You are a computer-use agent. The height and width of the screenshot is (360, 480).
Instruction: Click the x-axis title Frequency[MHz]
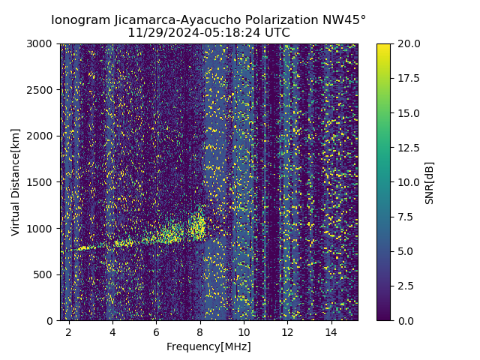tap(208, 346)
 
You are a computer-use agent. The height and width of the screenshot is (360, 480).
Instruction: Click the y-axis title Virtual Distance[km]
tap(16, 182)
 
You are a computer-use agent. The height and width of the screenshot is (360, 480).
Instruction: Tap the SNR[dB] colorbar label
tap(430, 182)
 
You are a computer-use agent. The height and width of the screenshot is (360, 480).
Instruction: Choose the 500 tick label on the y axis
tap(45, 274)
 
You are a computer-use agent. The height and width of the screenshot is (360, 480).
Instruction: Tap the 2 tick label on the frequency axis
tap(69, 331)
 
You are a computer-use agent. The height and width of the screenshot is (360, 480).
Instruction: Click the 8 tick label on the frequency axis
tap(200, 331)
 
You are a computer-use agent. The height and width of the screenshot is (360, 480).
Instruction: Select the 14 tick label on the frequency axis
tap(331, 331)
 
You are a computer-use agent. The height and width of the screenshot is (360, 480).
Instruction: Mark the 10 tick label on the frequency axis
tap(244, 331)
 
